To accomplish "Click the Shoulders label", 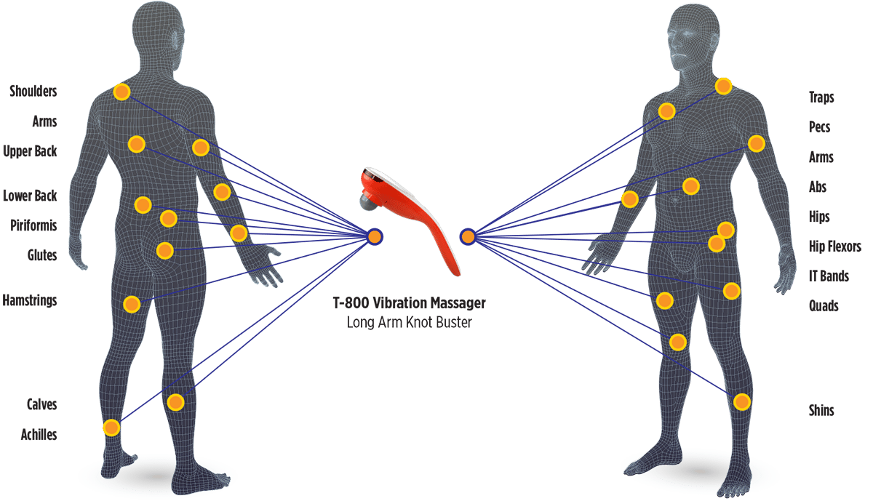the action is (x=33, y=91).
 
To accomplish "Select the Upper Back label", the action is (x=30, y=151).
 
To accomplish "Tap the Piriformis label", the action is (x=33, y=225).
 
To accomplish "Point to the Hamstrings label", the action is (x=30, y=300).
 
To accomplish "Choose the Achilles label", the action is (x=39, y=434).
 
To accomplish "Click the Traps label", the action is (x=821, y=97).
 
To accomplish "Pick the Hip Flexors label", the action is (x=835, y=247).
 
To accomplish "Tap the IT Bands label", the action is (x=829, y=276).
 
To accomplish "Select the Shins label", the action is (x=821, y=410).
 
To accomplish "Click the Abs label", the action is (x=818, y=187).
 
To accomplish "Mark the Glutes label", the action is (x=42, y=255).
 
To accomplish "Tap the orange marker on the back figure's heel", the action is (x=111, y=428).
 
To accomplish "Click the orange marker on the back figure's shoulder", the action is (x=121, y=92).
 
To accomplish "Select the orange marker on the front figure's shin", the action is (x=741, y=402).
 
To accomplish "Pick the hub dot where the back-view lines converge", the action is (x=375, y=237).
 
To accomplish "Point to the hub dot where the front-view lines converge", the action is (x=468, y=237).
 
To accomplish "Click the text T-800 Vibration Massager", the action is (x=409, y=303).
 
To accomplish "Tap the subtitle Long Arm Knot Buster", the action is (x=409, y=323).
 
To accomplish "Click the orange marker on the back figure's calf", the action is (x=175, y=402).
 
